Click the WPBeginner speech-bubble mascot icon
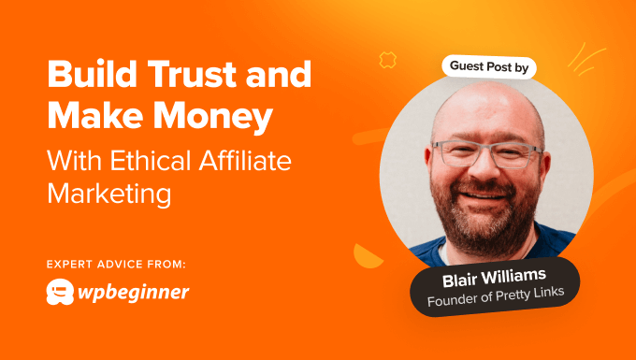[x=62, y=293]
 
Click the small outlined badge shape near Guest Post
[x=386, y=61]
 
